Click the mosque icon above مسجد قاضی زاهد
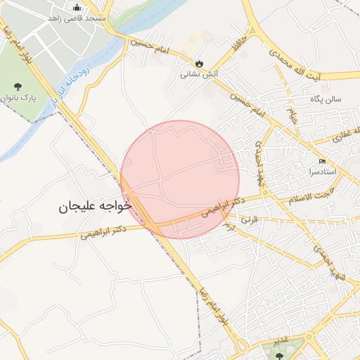(77, 8)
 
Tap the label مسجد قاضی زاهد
(77, 18)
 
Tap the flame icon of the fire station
(199, 63)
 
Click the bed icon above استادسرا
(323, 161)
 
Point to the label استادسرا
(323, 172)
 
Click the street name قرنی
(250, 220)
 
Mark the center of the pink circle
(179, 179)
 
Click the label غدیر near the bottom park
(282, 340)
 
